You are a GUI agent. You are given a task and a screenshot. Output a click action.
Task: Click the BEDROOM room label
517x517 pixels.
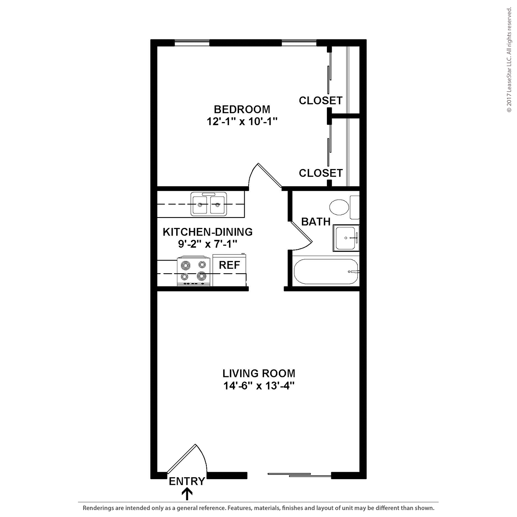242,109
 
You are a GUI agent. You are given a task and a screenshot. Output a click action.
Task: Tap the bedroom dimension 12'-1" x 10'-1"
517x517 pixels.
242,122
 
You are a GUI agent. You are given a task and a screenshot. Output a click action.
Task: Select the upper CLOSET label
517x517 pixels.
321,101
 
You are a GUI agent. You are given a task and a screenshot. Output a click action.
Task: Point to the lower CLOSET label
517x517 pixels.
321,173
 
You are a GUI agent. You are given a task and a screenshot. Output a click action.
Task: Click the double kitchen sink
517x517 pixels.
209,204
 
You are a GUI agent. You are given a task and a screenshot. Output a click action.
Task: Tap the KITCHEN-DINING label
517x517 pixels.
208,232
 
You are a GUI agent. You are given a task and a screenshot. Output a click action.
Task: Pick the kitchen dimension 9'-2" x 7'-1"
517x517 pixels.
208,244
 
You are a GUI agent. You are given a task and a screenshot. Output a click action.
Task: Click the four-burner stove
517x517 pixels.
193,271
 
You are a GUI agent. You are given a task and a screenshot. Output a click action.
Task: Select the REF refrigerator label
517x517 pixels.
229,265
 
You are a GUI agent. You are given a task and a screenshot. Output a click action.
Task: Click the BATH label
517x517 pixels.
316,222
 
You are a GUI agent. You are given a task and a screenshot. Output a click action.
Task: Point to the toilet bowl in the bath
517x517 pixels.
339,207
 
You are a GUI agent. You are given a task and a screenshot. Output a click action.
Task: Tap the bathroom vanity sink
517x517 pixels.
346,238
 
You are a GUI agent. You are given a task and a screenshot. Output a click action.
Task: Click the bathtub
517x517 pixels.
326,271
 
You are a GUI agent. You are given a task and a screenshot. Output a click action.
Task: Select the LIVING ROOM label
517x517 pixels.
258,373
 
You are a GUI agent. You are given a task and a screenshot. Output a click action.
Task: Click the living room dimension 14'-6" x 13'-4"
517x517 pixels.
258,386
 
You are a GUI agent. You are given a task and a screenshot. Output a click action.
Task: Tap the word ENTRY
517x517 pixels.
187,481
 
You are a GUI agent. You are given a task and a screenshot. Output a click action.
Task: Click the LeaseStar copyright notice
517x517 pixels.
509,60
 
